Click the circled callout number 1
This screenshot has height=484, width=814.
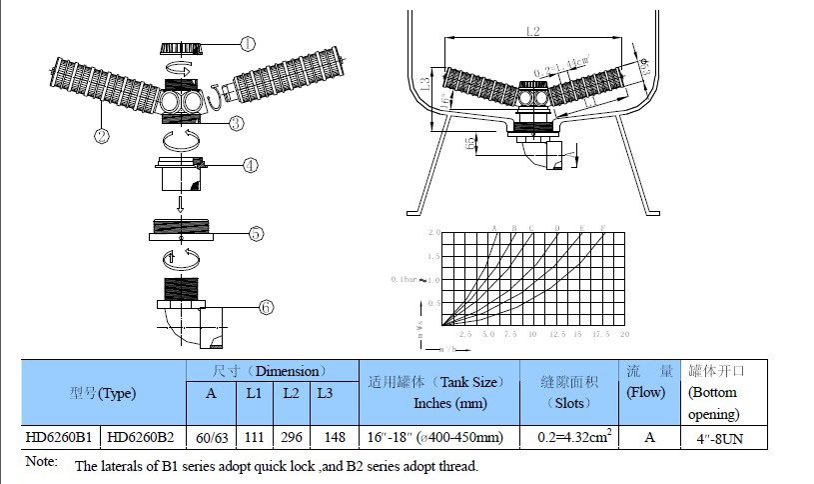pos(247,44)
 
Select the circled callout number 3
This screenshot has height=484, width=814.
pos(236,124)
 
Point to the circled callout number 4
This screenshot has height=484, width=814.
pos(251,165)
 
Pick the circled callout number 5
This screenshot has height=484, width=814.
pos(256,233)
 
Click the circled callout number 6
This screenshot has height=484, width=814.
pos(266,307)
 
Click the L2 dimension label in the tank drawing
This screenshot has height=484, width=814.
pos(532,33)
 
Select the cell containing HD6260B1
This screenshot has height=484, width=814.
pos(62,437)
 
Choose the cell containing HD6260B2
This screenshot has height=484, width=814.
pos(143,437)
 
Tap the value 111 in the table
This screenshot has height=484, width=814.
pos(255,437)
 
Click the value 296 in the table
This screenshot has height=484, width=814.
pos(291,437)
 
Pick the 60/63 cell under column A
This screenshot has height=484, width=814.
pos(211,437)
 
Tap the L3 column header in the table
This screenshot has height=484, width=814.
pos(326,393)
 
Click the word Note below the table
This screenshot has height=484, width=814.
pos(41,462)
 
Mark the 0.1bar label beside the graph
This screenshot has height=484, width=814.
pos(407,279)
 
